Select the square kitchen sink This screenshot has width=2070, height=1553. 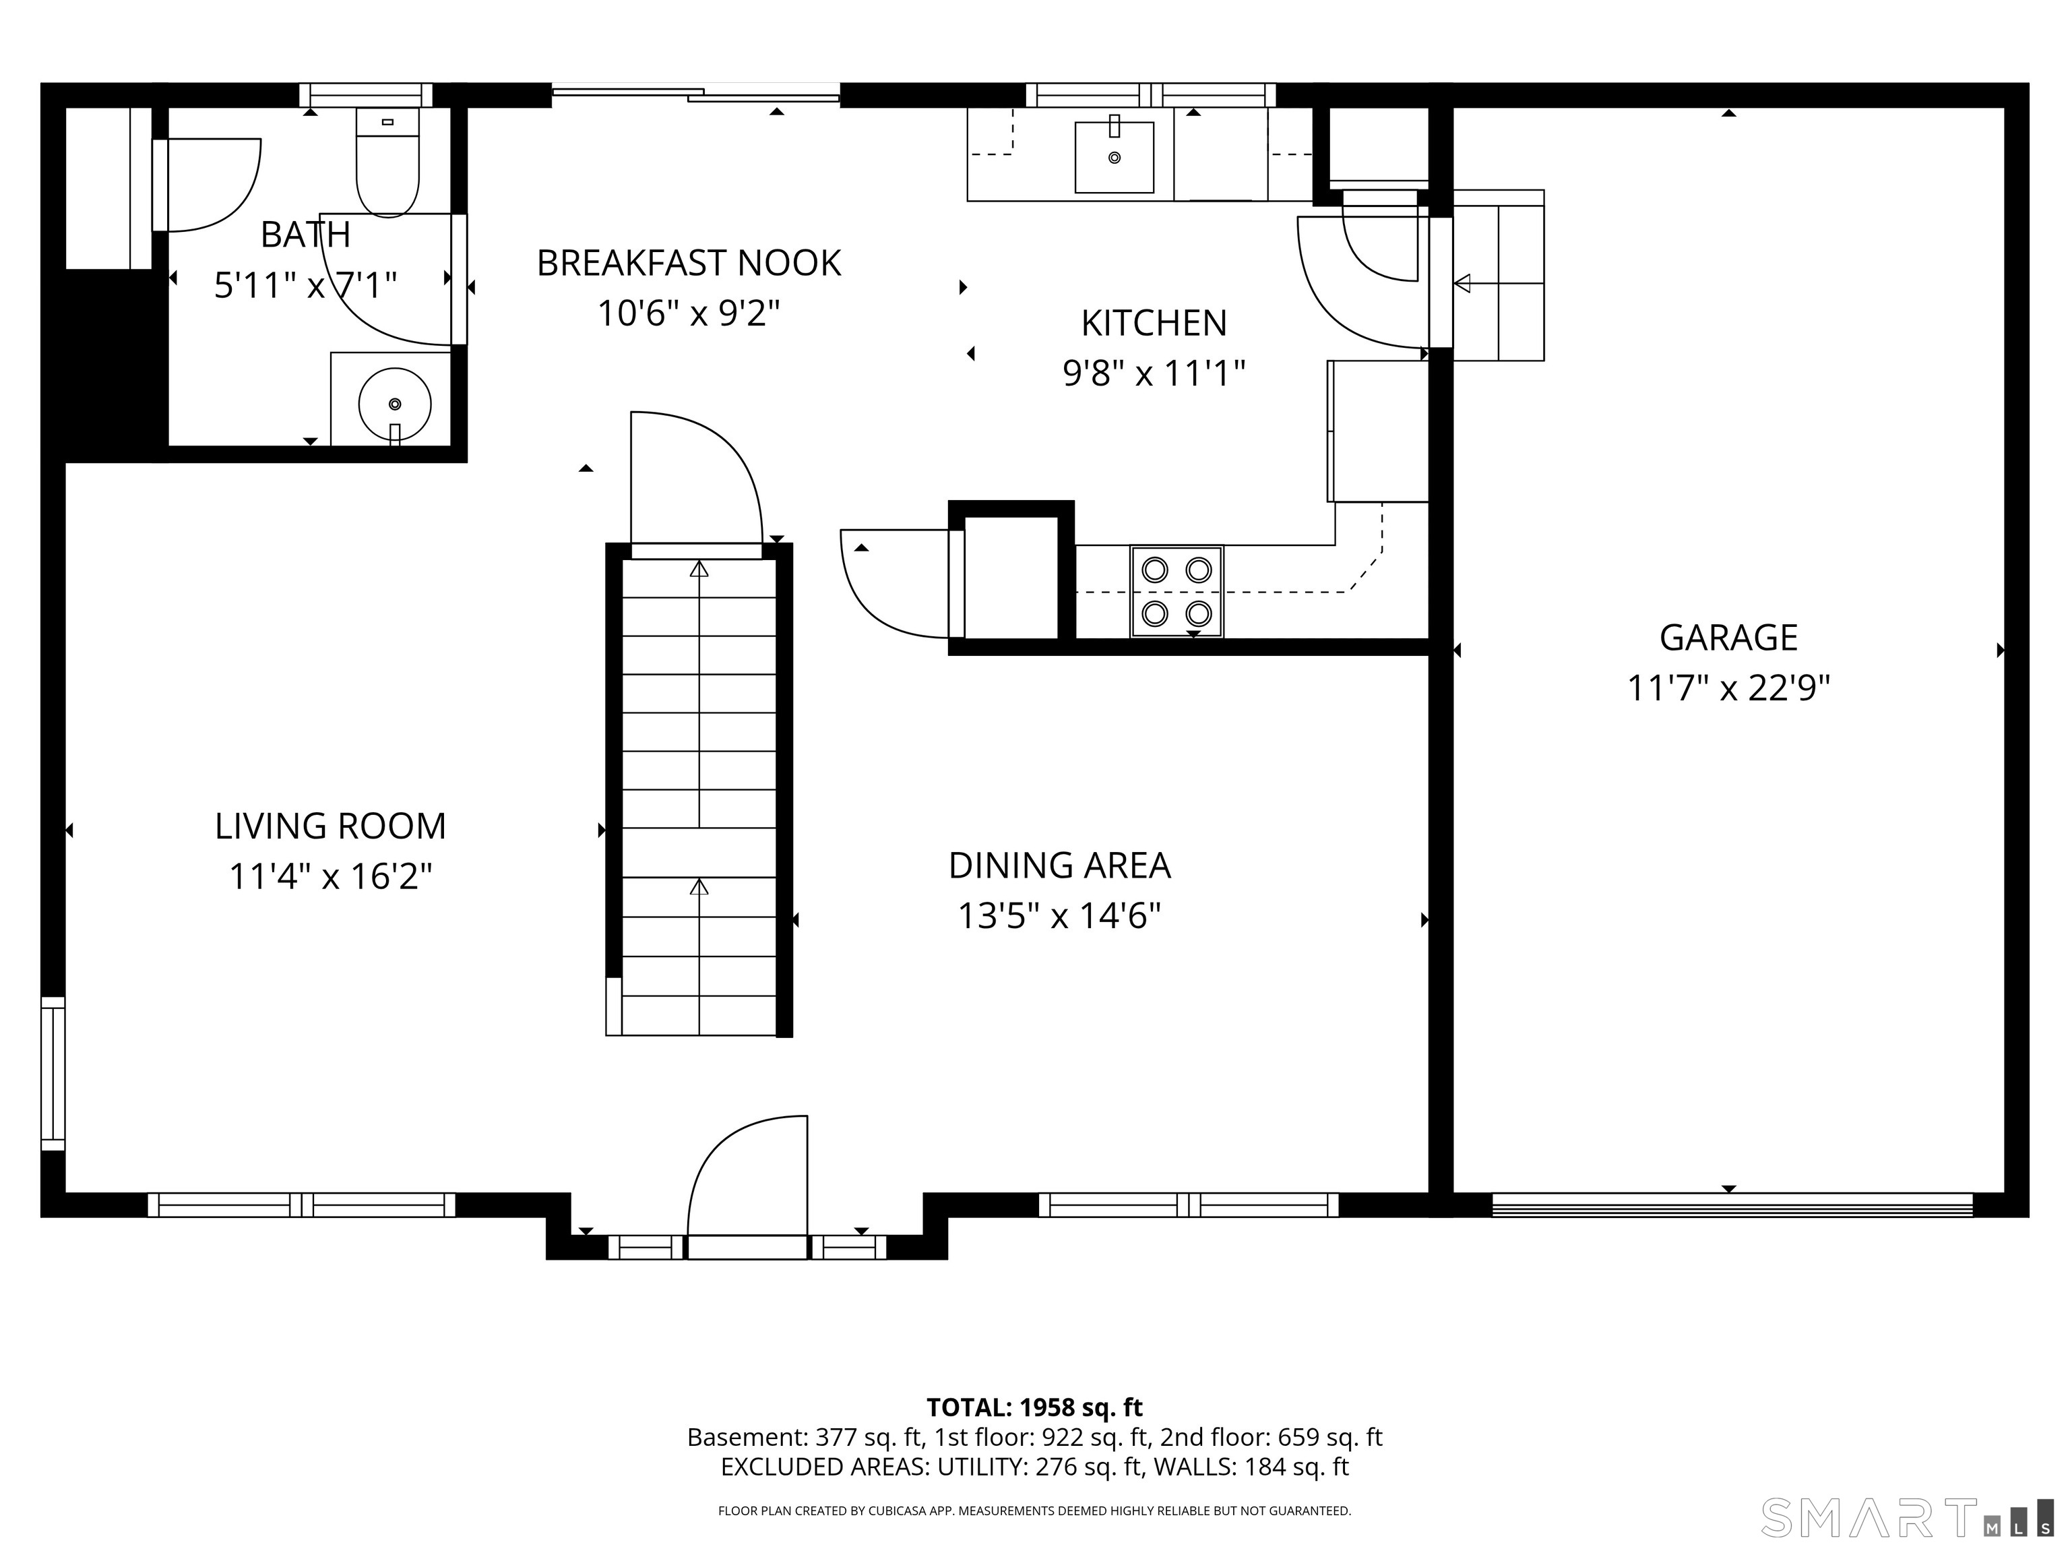point(1114,156)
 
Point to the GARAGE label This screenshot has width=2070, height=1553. point(1728,638)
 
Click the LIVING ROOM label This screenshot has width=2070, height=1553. point(330,826)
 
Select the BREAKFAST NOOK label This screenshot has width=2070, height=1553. point(689,263)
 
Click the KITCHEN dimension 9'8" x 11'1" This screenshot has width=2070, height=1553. point(1154,373)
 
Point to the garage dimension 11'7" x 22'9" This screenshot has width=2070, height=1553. point(1728,688)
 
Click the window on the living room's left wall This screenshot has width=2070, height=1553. point(53,1073)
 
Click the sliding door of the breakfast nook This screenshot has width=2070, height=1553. point(695,92)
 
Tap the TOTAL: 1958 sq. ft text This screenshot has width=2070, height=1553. point(1034,1407)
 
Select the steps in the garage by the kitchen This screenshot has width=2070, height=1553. point(1498,275)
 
